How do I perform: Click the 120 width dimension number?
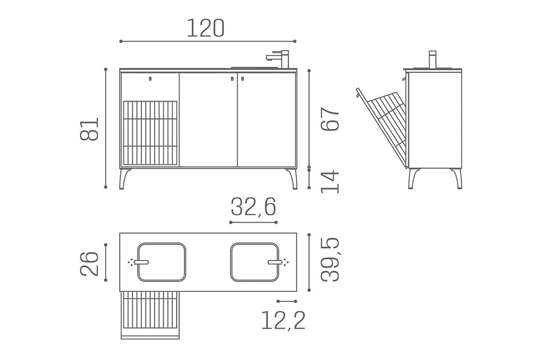(x=206, y=28)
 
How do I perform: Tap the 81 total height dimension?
(x=89, y=129)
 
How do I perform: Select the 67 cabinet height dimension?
(x=330, y=119)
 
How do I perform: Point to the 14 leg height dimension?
(x=330, y=181)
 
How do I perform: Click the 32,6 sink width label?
(x=253, y=207)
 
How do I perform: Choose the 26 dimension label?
(x=89, y=264)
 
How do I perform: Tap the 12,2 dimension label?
(x=283, y=320)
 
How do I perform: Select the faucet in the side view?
(x=433, y=60)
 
